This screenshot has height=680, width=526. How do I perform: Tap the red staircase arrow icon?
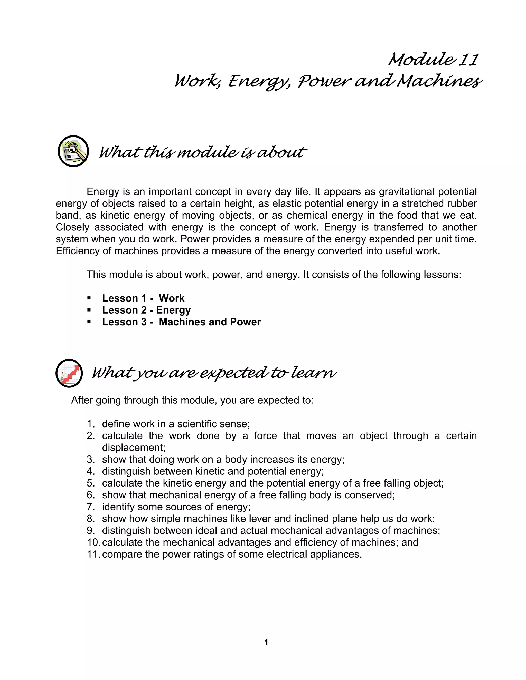coord(69,373)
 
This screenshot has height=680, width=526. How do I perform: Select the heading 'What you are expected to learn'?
coord(214,373)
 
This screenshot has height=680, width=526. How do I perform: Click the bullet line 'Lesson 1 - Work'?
coord(143,298)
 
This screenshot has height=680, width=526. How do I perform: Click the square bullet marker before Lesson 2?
coord(89,310)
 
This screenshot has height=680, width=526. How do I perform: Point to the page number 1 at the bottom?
coord(266,642)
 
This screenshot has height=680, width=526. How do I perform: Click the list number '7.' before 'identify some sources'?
coord(91,507)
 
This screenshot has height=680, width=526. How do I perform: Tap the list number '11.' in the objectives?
coord(93,554)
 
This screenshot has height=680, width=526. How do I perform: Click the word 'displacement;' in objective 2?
coord(134,448)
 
